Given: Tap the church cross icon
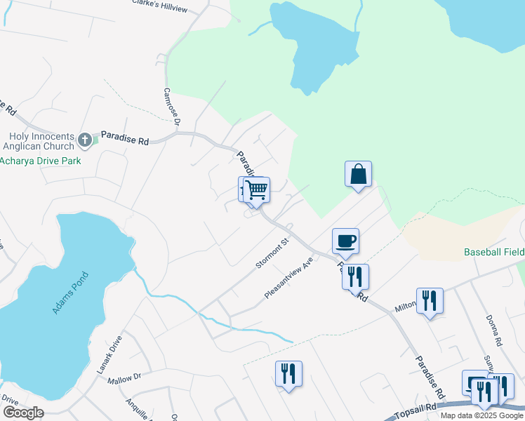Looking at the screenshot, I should tap(85, 140).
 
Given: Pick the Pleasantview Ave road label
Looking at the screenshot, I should tap(288, 281).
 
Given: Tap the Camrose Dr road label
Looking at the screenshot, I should tap(172, 107).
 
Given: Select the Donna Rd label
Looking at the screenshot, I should tap(494, 330).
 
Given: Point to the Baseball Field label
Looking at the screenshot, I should tap(494, 252).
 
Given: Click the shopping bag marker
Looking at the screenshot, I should tap(358, 174).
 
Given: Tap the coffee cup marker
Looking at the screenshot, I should tap(345, 241).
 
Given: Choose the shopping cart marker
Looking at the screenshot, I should tap(257, 189).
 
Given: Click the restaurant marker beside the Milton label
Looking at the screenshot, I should tap(429, 302).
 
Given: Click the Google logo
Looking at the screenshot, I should tap(22, 413).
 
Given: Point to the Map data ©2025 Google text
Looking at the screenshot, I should tap(481, 415).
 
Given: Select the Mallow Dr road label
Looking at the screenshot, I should tap(124, 379).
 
